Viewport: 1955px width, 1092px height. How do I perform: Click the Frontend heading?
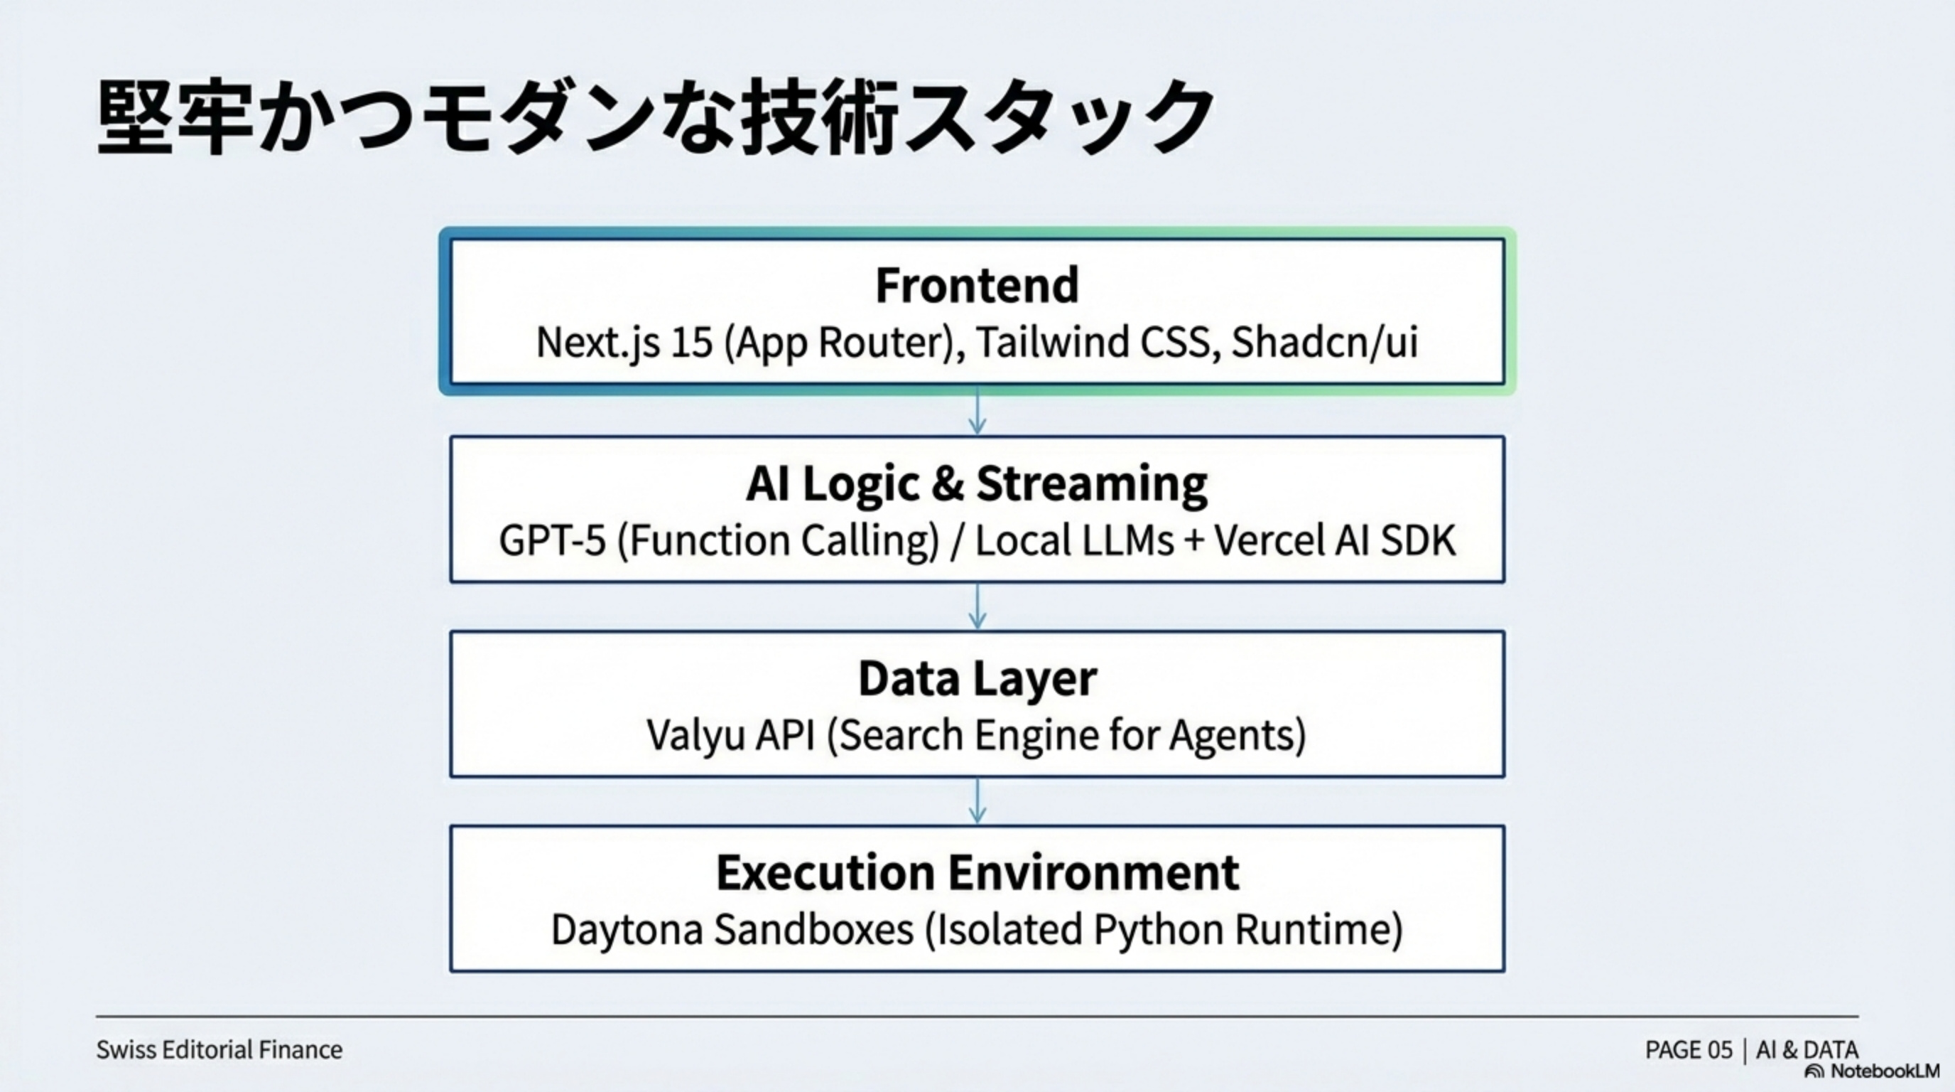tap(977, 286)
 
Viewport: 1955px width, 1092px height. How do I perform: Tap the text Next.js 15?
tap(624, 343)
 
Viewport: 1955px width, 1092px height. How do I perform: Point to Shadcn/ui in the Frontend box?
tap(1323, 343)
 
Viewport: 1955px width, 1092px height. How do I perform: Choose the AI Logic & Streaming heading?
tap(977, 483)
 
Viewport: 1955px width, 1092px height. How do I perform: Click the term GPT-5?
tap(553, 541)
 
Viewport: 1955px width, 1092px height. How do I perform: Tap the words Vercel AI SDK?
tap(1334, 541)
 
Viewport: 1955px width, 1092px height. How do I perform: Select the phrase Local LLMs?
tap(1074, 541)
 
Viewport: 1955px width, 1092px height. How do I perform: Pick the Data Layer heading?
tap(977, 678)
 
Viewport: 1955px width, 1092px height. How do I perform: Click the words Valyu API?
tap(730, 735)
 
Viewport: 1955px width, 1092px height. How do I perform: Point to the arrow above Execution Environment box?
tap(977, 802)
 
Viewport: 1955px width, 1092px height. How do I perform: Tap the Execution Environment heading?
tap(977, 872)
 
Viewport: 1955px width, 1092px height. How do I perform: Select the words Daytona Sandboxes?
tap(732, 929)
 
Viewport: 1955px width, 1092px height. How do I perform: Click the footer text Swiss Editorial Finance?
tap(219, 1049)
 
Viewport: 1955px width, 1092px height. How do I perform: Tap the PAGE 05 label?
tap(1689, 1050)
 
